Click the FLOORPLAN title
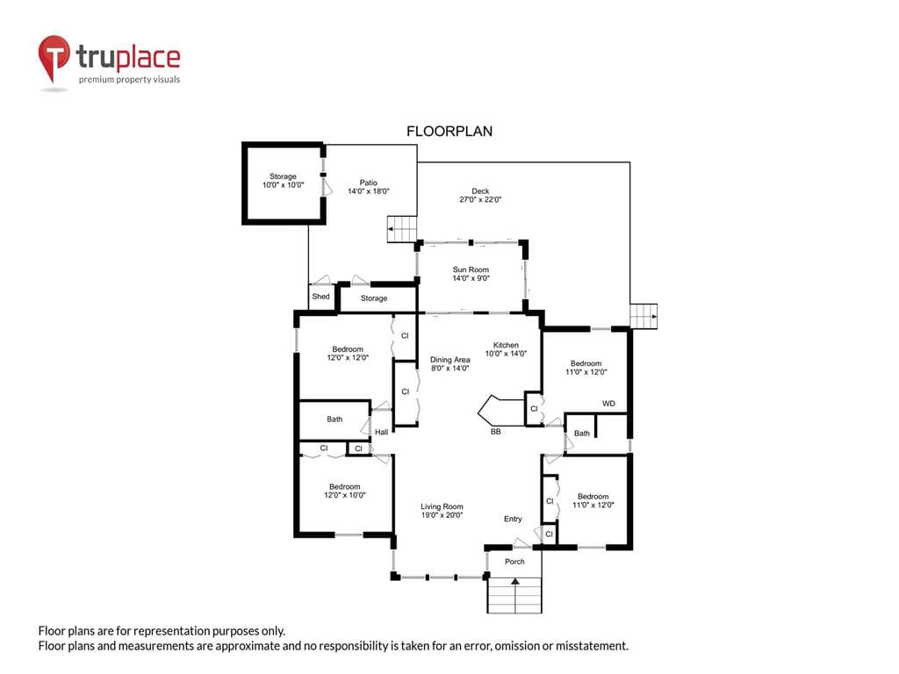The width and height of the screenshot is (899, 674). tap(449, 132)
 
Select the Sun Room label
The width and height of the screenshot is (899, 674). tap(471, 269)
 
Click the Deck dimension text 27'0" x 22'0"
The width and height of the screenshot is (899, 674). tap(480, 200)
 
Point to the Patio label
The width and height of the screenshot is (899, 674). tap(369, 183)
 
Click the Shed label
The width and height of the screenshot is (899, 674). tap(320, 297)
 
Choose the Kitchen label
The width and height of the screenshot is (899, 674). tap(506, 345)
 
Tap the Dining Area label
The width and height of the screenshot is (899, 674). tap(450, 359)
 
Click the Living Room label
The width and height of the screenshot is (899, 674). tap(442, 506)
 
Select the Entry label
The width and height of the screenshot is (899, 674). tap(513, 519)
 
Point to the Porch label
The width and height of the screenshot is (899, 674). tap(514, 562)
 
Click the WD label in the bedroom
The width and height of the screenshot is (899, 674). tap(608, 404)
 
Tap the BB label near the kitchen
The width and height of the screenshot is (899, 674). tap(496, 432)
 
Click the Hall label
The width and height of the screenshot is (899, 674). tap(381, 432)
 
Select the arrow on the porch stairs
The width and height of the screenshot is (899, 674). tap(515, 582)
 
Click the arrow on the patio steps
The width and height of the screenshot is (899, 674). tap(392, 229)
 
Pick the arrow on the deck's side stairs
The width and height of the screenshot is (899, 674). tap(653, 316)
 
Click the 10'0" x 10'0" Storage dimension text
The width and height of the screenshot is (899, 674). tap(284, 185)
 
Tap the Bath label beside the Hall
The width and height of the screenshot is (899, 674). tap(334, 419)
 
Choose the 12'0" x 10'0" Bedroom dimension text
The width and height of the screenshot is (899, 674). tap(344, 495)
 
